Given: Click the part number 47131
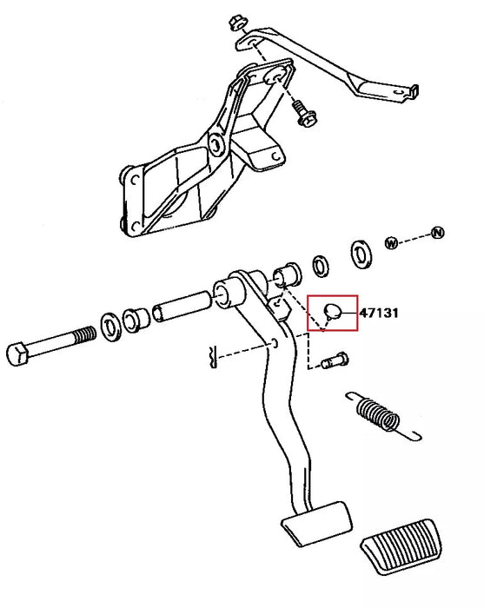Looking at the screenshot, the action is (379, 313).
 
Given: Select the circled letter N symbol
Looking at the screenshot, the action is (437, 233).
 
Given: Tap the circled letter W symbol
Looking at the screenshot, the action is (391, 243).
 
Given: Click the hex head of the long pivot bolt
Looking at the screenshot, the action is (17, 354).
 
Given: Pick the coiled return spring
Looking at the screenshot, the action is (382, 416).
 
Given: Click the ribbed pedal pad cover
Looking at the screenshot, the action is (401, 546).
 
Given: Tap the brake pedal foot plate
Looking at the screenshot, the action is (317, 524).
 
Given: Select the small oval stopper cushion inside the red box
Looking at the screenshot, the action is (333, 311).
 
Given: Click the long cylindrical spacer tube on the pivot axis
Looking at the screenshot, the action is (182, 307).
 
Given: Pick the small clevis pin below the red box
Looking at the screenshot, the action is (335, 360).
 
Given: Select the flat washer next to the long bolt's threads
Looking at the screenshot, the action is (111, 326).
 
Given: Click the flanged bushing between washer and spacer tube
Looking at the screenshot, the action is (136, 321).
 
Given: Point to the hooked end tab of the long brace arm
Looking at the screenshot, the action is (414, 91).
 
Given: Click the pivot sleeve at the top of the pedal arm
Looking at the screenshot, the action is (229, 294).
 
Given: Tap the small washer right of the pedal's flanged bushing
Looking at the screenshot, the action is (322, 266).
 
